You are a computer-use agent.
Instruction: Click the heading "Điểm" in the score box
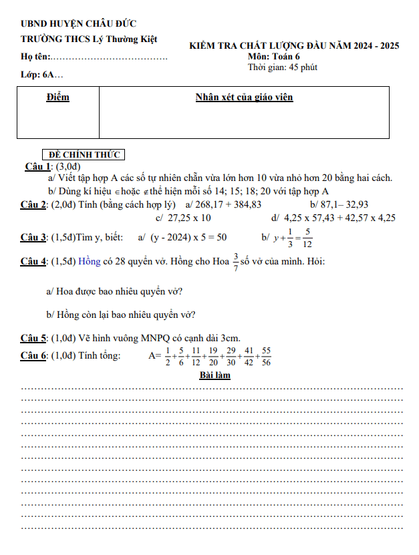pos(58,98)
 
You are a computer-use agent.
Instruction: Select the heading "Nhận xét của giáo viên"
pos(244,98)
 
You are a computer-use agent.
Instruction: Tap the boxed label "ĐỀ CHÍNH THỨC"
pos(84,155)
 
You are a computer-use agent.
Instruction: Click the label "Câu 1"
pos(38,166)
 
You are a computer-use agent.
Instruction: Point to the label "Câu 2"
pos(33,204)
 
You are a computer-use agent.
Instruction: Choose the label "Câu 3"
pos(33,237)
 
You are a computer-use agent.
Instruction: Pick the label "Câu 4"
pos(33,261)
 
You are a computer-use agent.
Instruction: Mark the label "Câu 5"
pos(33,339)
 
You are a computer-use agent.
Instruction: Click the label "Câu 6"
pos(33,355)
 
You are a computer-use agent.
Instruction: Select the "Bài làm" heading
pos(215,375)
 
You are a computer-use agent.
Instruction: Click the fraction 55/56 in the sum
pos(267,356)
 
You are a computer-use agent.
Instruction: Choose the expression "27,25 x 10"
pos(190,218)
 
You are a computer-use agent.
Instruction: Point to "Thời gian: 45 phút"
pos(282,67)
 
